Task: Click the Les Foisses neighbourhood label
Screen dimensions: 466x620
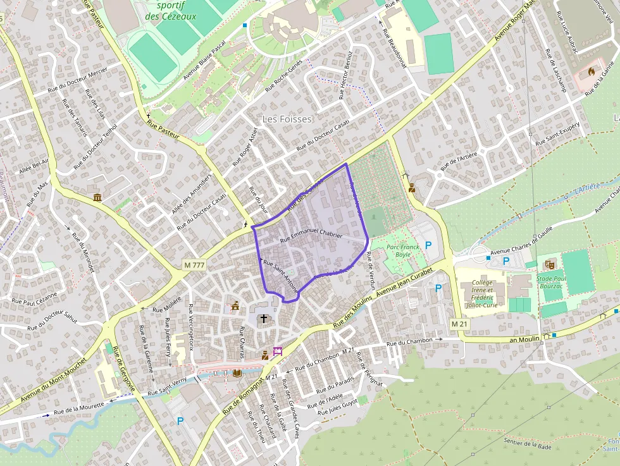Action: pyautogui.click(x=287, y=119)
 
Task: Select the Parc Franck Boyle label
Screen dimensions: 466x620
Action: pyautogui.click(x=403, y=250)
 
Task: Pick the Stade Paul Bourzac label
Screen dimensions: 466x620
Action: pyautogui.click(x=552, y=280)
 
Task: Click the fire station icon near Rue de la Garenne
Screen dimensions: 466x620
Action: pyautogui.click(x=592, y=71)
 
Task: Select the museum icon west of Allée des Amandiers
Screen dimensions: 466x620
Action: pyautogui.click(x=97, y=198)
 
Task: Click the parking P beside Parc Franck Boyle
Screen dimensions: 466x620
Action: pyautogui.click(x=428, y=245)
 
